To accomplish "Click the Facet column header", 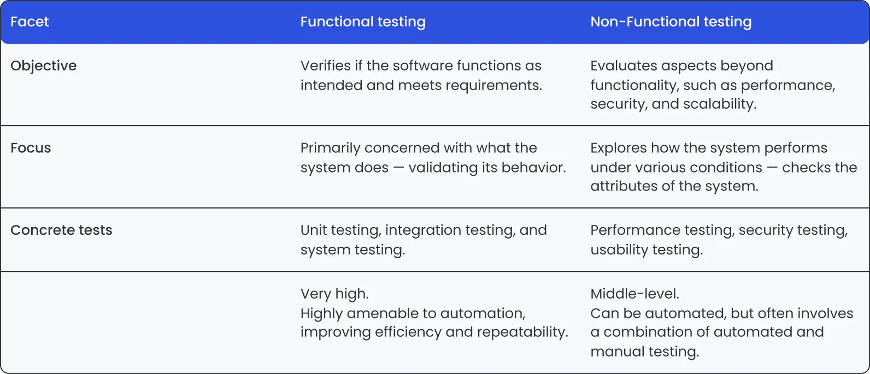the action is pyautogui.click(x=30, y=22).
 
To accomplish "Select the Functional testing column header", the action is pyautogui.click(x=363, y=22).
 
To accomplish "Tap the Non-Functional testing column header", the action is pyautogui.click(x=671, y=22).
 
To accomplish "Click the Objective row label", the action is pyautogui.click(x=44, y=66).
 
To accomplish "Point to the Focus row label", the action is pyautogui.click(x=31, y=148).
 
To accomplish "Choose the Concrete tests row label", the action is pyautogui.click(x=61, y=230).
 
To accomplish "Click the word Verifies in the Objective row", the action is pyautogui.click(x=326, y=66).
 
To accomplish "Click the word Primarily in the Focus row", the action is pyautogui.click(x=330, y=148).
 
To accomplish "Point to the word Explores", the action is pyautogui.click(x=618, y=148).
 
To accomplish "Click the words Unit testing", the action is pyautogui.click(x=340, y=230).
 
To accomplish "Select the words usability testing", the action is pyautogui.click(x=646, y=250).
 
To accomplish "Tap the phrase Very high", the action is pyautogui.click(x=334, y=294).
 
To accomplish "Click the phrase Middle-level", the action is pyautogui.click(x=634, y=294).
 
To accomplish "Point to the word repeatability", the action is pyautogui.click(x=522, y=333).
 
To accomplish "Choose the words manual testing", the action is pyautogui.click(x=645, y=352).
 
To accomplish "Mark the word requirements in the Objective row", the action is pyautogui.click(x=493, y=86).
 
